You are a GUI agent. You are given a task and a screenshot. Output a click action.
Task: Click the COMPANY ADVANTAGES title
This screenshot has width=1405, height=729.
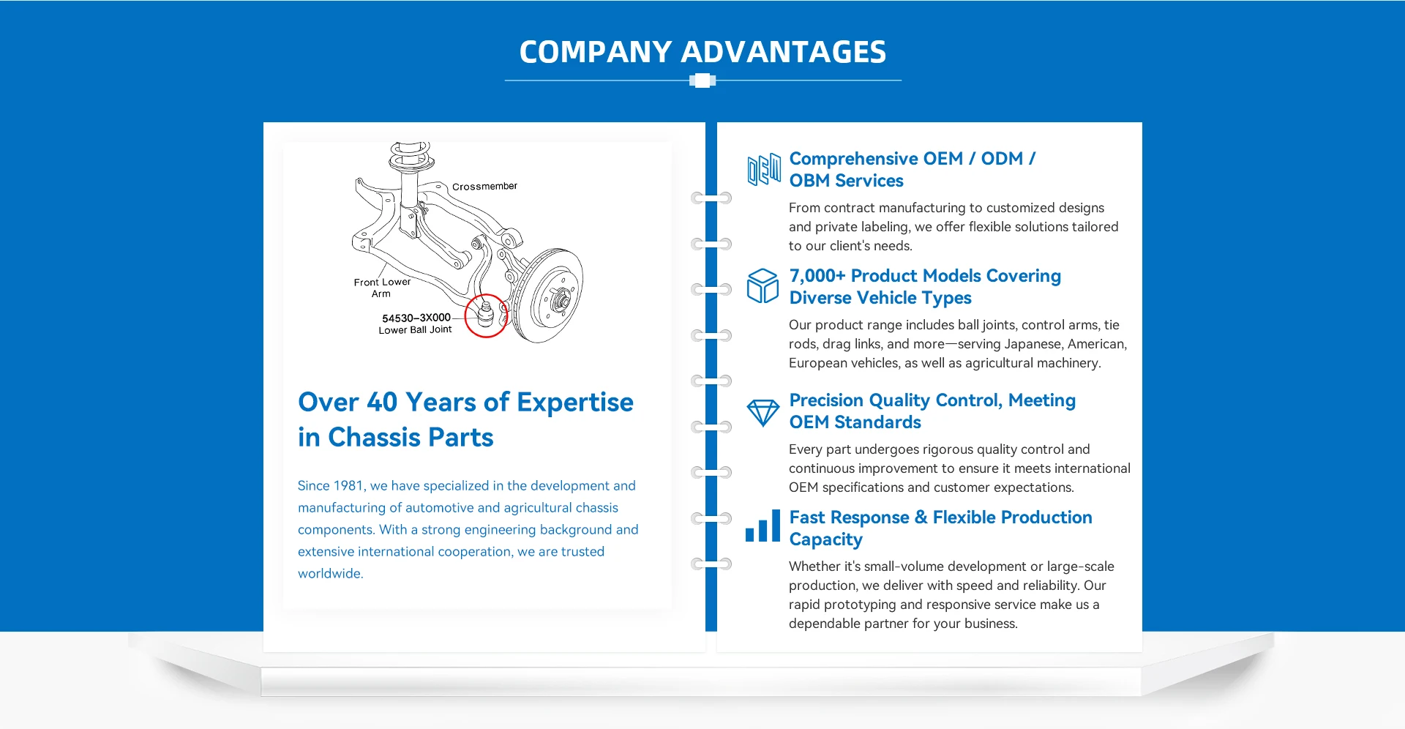pos(702,52)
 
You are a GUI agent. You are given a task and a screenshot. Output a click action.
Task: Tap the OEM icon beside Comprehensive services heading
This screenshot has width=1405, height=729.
pos(763,169)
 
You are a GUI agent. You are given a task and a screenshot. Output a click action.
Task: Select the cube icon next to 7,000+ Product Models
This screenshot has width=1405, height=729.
pos(763,285)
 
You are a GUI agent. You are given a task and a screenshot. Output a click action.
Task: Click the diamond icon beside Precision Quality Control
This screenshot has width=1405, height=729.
pos(763,412)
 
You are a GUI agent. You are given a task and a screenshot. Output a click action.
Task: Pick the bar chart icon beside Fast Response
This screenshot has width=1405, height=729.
pos(763,527)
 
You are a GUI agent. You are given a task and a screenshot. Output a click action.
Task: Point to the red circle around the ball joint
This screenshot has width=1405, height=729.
pos(486,315)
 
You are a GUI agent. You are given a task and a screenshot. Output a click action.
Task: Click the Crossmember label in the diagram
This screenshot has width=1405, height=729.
pos(484,187)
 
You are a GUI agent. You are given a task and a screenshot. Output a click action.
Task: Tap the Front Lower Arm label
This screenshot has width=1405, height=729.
pos(382,288)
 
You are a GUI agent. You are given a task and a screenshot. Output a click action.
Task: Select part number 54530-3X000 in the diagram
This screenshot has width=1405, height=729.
pos(416,318)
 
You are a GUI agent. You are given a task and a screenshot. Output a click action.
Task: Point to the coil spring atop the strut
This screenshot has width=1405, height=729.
pos(409,154)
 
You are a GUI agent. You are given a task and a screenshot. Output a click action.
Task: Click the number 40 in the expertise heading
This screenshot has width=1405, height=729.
pos(381,402)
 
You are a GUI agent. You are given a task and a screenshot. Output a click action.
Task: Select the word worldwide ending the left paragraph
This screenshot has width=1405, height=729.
pos(330,574)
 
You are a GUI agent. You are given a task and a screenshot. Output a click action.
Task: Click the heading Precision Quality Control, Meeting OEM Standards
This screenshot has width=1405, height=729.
pos(932,411)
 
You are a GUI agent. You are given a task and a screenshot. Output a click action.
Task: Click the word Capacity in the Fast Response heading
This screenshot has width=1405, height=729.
pos(825,540)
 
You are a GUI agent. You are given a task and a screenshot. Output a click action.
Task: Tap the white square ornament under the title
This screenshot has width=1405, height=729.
pos(702,81)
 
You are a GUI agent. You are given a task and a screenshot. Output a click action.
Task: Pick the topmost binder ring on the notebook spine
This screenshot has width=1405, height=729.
pos(711,198)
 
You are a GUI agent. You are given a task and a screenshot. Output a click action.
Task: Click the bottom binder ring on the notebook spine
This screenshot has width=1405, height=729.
pos(711,564)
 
